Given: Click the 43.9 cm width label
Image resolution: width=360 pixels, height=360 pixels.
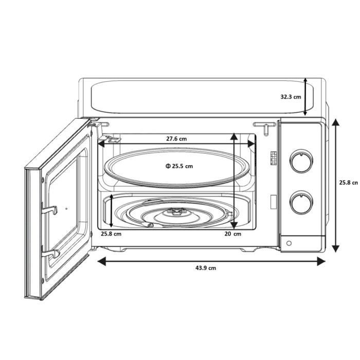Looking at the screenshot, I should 205,268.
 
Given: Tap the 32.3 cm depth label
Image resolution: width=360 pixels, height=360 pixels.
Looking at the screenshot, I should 291,97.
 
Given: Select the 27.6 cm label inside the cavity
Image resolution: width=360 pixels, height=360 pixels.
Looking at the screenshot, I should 176,139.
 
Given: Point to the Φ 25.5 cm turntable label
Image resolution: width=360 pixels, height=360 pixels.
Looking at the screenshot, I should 179,166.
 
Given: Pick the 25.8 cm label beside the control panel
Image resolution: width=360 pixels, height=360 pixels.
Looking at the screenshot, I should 348,182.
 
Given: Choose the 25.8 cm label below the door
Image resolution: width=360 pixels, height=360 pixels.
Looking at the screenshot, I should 111,235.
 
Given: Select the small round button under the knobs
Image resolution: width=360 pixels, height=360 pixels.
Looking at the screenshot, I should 289,243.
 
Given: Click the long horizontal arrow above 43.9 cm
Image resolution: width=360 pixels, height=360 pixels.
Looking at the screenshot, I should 211,261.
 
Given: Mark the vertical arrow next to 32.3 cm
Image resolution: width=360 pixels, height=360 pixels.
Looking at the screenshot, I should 305,97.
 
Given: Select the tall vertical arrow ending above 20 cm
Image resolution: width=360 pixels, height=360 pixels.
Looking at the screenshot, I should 235,180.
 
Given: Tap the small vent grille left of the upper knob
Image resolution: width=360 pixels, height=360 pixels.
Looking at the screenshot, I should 272,158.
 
